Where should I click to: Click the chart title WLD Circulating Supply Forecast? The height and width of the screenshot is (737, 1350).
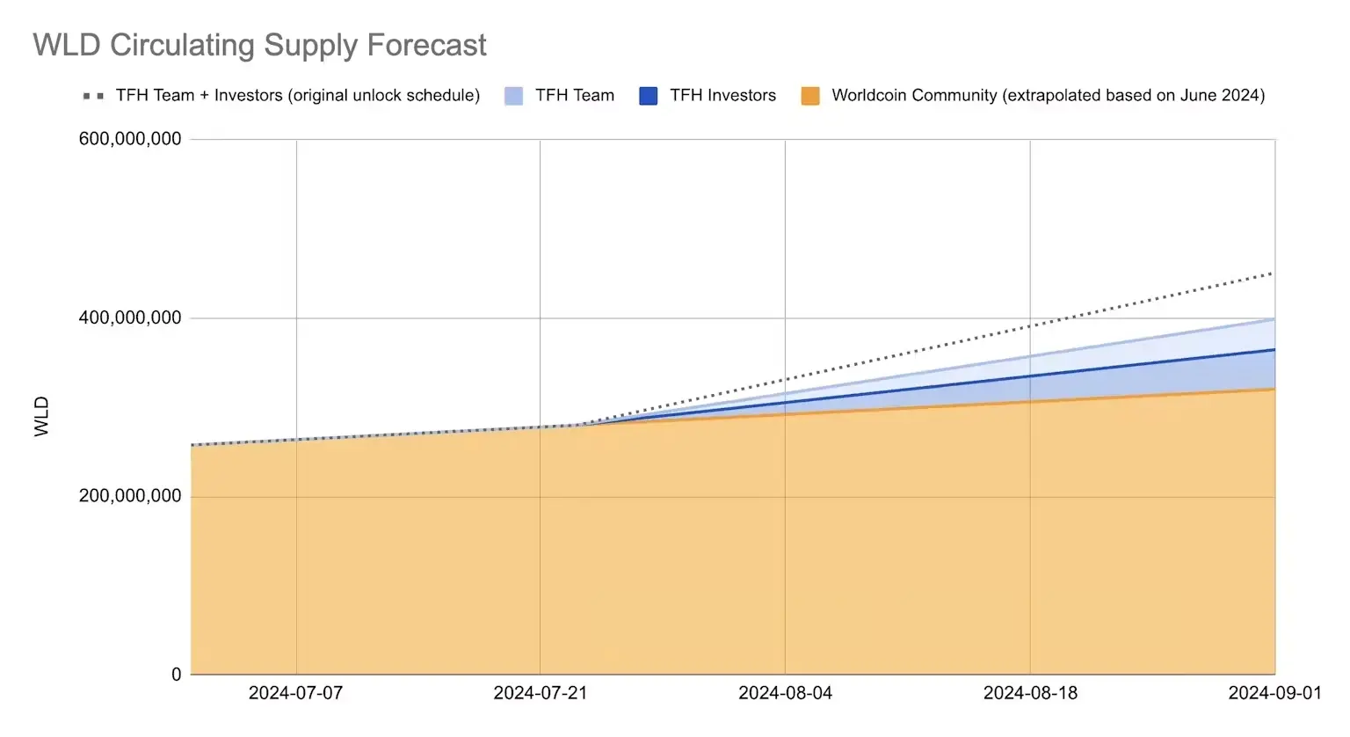click(259, 45)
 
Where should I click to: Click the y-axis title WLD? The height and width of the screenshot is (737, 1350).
click(41, 416)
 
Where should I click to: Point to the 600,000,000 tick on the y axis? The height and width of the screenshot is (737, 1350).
click(130, 139)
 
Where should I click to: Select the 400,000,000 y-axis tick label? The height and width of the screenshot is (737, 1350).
click(130, 317)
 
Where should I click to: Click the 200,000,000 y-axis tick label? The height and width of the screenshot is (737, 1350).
click(130, 496)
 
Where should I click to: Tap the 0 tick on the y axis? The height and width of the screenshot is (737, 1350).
click(177, 675)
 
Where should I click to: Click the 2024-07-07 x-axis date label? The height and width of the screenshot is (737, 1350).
click(295, 693)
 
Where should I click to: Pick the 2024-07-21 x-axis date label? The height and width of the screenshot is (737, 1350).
click(540, 693)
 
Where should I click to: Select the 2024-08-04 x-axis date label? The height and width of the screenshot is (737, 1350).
click(785, 693)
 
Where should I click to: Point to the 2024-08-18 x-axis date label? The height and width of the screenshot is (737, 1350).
click(1029, 693)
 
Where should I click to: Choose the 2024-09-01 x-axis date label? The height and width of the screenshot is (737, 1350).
click(1274, 693)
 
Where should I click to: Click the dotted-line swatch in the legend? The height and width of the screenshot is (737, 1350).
click(93, 96)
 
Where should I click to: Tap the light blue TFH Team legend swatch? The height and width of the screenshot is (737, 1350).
click(514, 96)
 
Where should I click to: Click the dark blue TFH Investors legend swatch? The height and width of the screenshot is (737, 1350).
click(649, 96)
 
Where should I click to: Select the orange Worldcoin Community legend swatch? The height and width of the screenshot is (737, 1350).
click(810, 96)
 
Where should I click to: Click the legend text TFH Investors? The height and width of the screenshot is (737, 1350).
click(722, 96)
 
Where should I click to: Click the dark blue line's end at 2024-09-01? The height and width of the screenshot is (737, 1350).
click(1274, 350)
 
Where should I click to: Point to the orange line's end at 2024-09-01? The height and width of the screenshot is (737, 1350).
click(1274, 389)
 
